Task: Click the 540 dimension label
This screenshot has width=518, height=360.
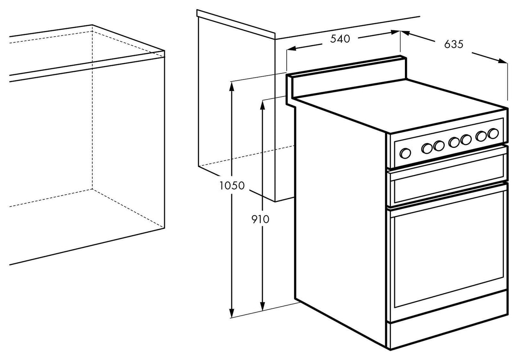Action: [340, 39]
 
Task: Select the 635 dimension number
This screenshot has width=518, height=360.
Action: [453, 44]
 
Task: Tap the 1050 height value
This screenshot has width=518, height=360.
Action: [232, 186]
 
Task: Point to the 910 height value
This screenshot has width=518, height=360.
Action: [260, 219]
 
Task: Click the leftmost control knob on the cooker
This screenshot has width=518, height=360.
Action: [405, 152]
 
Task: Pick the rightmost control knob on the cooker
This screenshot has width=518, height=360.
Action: [493, 133]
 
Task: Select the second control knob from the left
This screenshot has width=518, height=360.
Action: [427, 148]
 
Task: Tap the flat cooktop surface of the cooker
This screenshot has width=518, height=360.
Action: [397, 105]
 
